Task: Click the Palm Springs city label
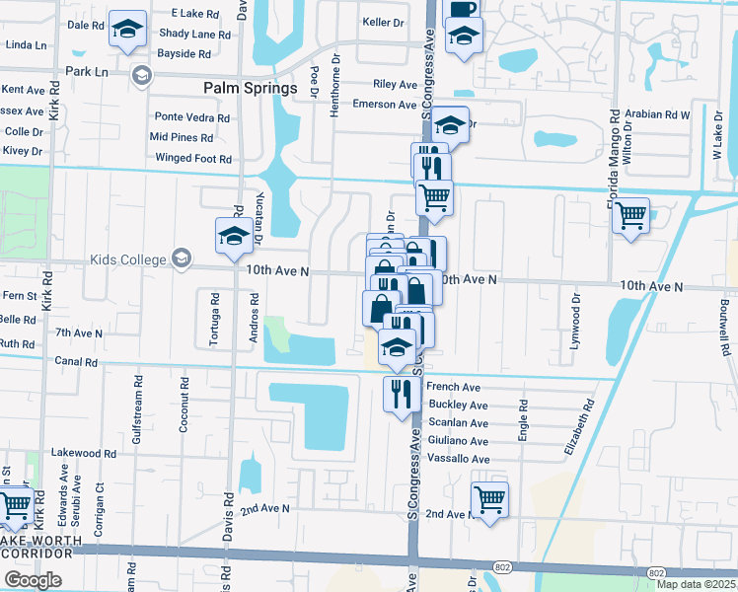[251, 88]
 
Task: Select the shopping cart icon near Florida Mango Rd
[630, 215]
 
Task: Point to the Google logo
[33, 579]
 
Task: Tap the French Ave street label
[453, 388]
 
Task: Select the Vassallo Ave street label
[458, 459]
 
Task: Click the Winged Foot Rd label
[193, 158]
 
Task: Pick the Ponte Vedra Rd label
[191, 117]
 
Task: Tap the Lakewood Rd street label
[84, 453]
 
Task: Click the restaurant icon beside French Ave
[398, 394]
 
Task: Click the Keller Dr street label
[384, 21]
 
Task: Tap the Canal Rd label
[77, 361]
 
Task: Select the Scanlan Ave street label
[457, 423]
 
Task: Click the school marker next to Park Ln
[141, 74]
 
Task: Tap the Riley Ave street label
[396, 85]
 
